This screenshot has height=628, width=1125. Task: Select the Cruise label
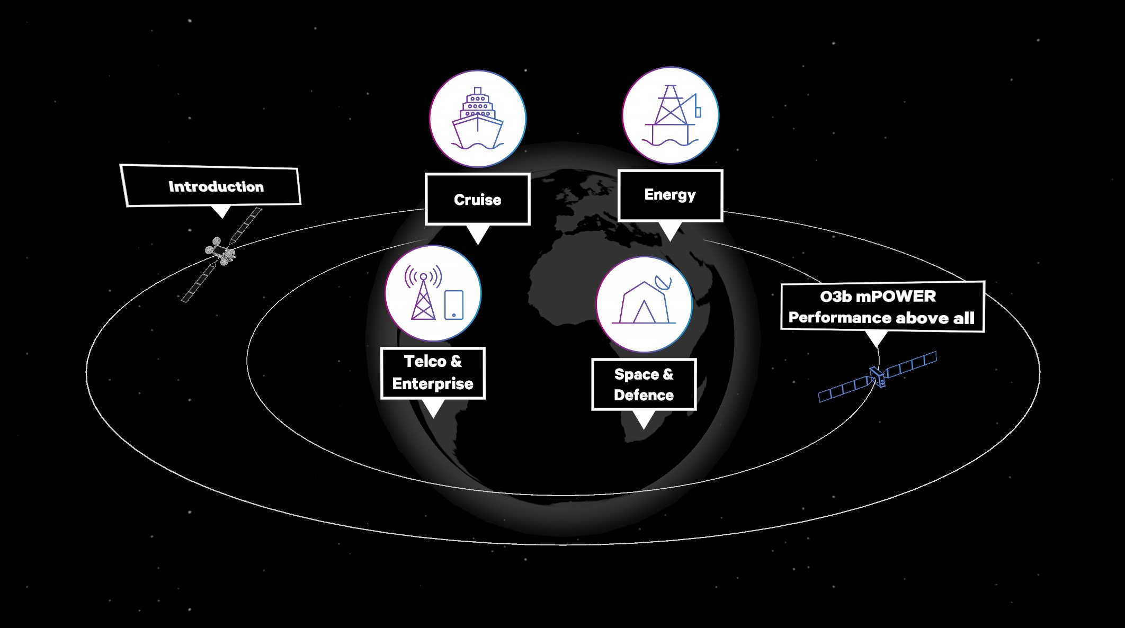click(477, 200)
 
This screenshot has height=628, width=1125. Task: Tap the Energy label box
click(670, 195)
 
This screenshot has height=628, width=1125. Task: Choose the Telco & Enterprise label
click(433, 373)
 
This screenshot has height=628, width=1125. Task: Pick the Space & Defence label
click(644, 384)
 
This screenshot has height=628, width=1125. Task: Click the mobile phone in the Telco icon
click(454, 305)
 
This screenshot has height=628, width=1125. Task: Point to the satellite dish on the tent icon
click(664, 283)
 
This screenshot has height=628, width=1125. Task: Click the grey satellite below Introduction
click(221, 252)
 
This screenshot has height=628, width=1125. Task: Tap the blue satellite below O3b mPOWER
click(878, 376)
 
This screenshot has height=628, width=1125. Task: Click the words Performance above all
click(881, 318)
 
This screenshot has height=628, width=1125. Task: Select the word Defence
click(644, 396)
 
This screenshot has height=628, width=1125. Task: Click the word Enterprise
click(433, 384)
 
